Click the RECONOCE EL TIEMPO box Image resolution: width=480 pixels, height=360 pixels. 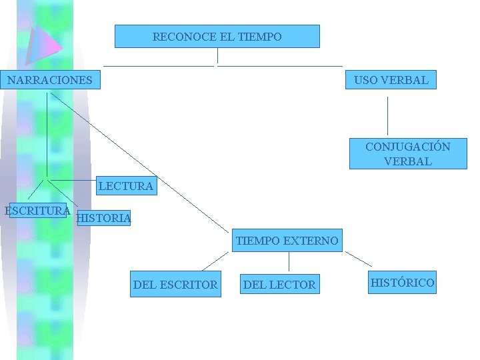(x=217, y=37)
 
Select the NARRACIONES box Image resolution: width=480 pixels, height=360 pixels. (x=50, y=81)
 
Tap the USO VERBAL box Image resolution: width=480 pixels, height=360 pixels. (x=391, y=81)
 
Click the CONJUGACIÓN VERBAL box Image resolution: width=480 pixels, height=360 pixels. (x=407, y=154)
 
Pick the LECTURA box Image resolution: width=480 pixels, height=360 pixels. (x=125, y=186)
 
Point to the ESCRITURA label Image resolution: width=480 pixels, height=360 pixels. (x=37, y=211)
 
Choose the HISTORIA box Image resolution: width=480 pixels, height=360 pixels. (x=103, y=218)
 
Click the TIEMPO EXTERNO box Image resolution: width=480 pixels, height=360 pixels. (x=287, y=241)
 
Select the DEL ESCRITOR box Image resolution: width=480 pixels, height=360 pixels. (x=175, y=285)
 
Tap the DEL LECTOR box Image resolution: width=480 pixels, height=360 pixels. (x=279, y=285)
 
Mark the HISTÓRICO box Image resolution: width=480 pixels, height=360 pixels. (x=402, y=283)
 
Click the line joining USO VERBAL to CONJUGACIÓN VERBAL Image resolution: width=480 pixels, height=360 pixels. (x=387, y=116)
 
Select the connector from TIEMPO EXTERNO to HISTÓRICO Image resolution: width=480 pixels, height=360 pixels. (x=359, y=259)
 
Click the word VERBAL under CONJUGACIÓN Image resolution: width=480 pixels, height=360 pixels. (x=407, y=161)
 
